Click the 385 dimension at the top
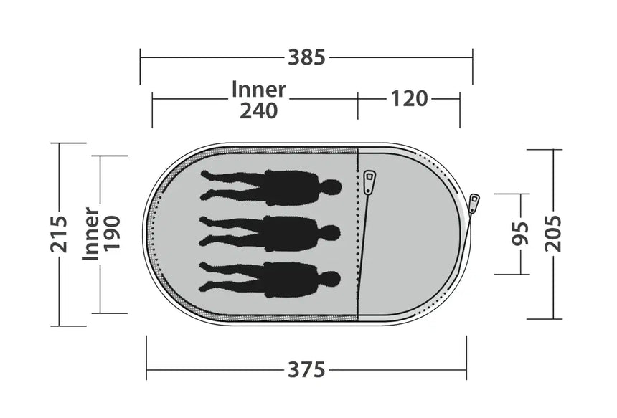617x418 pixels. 306,57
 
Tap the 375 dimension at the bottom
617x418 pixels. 306,370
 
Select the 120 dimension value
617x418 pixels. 409,99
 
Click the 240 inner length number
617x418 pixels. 259,111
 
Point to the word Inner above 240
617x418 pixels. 258,89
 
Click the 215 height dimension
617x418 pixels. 59,234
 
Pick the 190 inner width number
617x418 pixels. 112,233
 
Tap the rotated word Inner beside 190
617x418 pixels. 90,234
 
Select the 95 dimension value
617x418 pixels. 520,234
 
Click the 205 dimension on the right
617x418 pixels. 553,234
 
